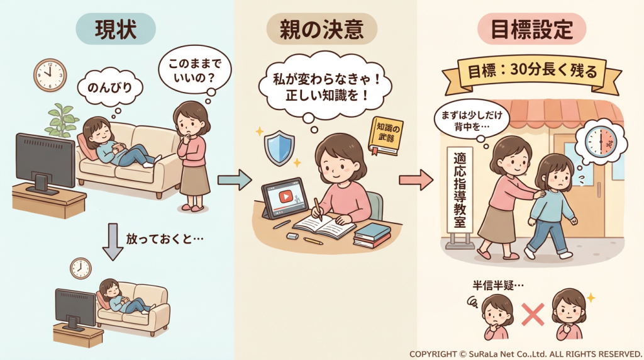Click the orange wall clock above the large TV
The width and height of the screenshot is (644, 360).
[x=49, y=75]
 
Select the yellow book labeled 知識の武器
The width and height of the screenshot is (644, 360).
[x=385, y=135]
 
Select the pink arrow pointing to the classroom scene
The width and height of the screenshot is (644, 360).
[x=416, y=180]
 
